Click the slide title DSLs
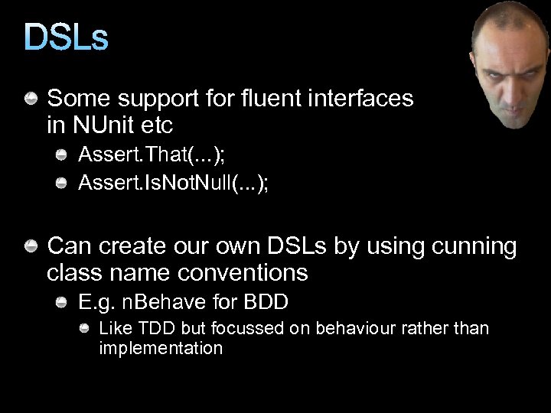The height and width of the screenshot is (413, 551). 67,37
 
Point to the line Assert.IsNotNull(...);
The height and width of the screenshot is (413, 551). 174,184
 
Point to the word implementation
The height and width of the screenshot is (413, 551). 161,349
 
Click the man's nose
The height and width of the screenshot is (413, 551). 511,88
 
